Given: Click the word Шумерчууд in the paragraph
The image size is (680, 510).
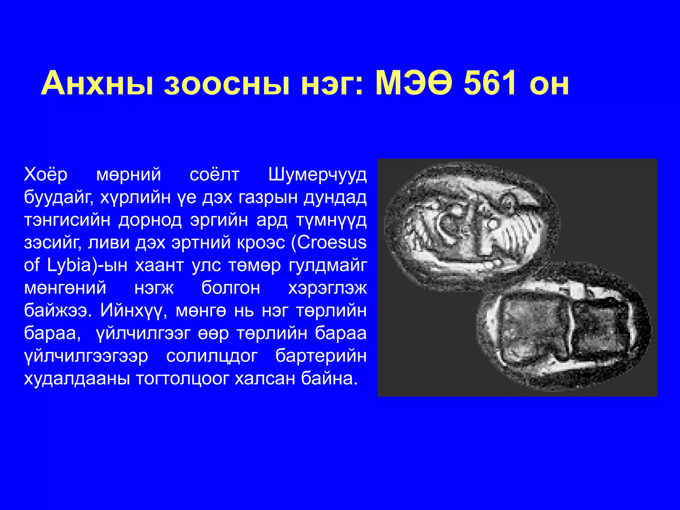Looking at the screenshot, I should click(317, 175).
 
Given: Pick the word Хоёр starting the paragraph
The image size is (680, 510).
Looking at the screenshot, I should click(46, 175).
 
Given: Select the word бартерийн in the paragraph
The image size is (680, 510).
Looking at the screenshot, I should click(321, 356).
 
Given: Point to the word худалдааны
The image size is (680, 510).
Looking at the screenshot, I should click(77, 379).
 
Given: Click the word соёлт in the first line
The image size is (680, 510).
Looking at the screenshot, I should click(214, 175).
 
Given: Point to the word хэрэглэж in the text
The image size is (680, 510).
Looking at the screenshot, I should click(327, 288).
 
